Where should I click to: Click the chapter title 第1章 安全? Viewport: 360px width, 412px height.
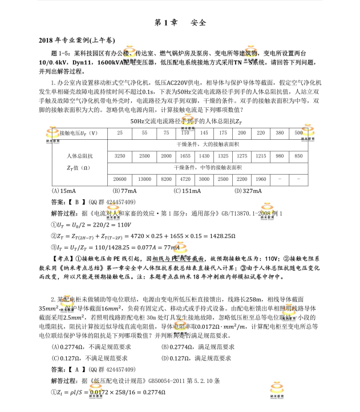click(x=180, y=23)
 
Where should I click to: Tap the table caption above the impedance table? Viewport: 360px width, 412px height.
click(x=178, y=122)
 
